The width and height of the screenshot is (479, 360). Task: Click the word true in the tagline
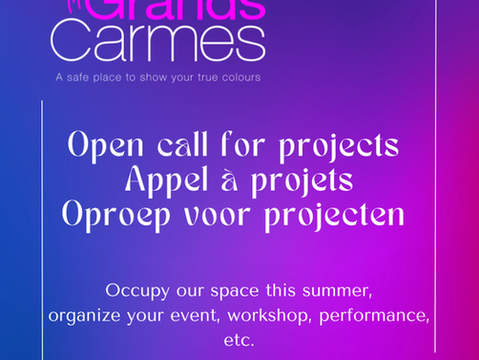pyautogui.click(x=198, y=76)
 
